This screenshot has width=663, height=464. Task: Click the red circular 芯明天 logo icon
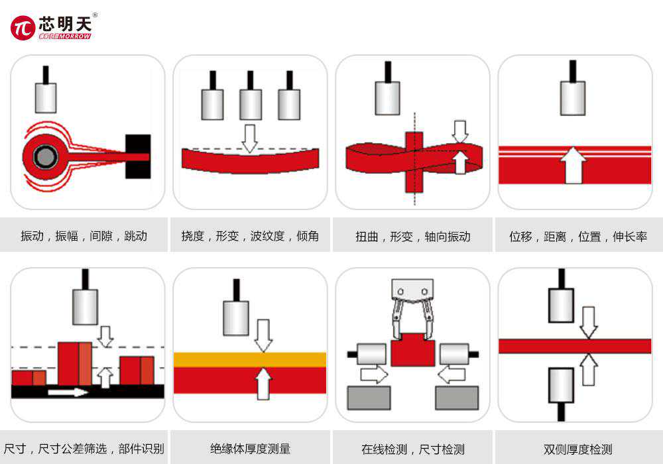pyautogui.click(x=23, y=28)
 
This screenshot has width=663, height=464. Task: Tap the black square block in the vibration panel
pyautogui.click(x=138, y=156)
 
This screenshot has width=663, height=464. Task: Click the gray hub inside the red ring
pyautogui.click(x=45, y=156)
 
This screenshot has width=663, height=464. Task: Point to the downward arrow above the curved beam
pyautogui.click(x=249, y=139)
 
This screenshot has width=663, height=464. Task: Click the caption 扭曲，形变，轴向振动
pyautogui.click(x=413, y=236)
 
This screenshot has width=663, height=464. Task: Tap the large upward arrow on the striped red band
pyautogui.click(x=573, y=165)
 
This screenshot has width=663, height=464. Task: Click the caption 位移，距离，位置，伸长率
pyautogui.click(x=578, y=236)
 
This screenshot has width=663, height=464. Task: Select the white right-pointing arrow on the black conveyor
pyautogui.click(x=68, y=392)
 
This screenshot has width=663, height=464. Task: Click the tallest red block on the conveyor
pyautogui.click(x=75, y=364)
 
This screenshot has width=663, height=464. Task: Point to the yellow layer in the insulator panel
pyautogui.click(x=250, y=360)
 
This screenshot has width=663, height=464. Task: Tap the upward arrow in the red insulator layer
pyautogui.click(x=263, y=384)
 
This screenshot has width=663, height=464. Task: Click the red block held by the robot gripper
pyautogui.click(x=412, y=349)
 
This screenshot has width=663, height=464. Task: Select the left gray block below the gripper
pyautogui.click(x=369, y=398)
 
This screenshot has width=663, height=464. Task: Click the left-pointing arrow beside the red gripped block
pyautogui.click(x=451, y=375)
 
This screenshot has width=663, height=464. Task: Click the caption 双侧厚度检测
pyautogui.click(x=578, y=449)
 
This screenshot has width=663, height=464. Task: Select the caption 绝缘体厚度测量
pyautogui.click(x=251, y=449)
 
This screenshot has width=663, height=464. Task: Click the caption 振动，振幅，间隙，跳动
pyautogui.click(x=84, y=236)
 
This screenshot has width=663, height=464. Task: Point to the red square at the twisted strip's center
pyautogui.click(x=414, y=162)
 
